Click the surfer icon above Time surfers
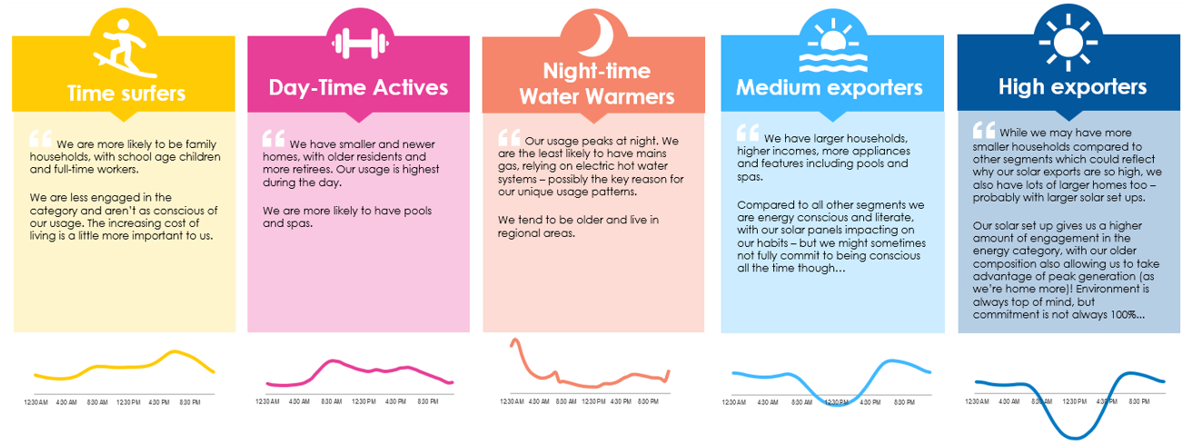pos(123,48)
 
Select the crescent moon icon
pos(594,36)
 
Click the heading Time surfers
pos(125,93)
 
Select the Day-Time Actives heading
pos(358,87)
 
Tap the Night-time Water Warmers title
pos(596,84)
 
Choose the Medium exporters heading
pos(829,88)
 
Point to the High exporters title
pos(1072,87)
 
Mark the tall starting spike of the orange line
pos(514,341)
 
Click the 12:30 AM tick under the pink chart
pos(267,401)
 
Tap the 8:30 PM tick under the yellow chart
pos(190,401)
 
